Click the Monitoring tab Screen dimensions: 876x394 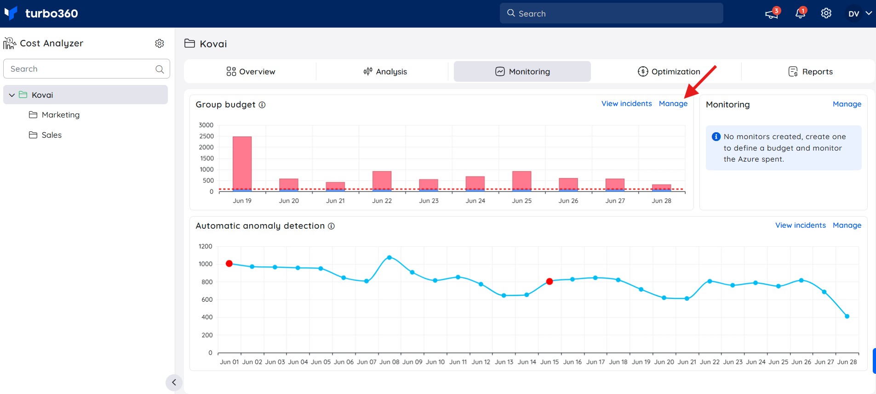click(522, 72)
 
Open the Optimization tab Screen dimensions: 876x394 click(669, 72)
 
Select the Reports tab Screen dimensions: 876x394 click(810, 72)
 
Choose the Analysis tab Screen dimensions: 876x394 click(385, 72)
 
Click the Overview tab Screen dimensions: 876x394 click(251, 72)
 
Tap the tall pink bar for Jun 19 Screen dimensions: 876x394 click(242, 163)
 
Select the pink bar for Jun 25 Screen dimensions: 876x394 click(522, 181)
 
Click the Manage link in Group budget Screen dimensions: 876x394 click(673, 104)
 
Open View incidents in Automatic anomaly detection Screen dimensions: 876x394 click(801, 225)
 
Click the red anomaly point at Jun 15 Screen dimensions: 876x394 click(550, 281)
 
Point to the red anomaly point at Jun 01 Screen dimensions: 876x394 click(229, 264)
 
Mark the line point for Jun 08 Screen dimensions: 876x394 click(389, 258)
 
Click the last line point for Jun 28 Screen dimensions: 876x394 click(847, 316)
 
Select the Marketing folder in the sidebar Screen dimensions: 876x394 click(54, 115)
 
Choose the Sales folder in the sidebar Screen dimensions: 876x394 click(45, 135)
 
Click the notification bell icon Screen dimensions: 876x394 click(800, 13)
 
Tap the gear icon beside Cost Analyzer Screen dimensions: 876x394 click(160, 43)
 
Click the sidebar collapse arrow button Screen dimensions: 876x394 click(174, 383)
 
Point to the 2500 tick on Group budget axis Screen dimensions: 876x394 click(206, 136)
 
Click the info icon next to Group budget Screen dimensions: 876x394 click(262, 105)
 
